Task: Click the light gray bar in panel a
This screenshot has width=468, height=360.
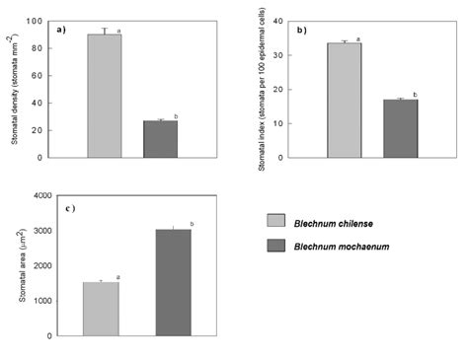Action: pos(104,96)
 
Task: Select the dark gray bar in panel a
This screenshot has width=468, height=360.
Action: pos(160,139)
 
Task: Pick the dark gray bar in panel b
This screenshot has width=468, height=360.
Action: pos(400,128)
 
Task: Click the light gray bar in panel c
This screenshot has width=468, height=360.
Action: pos(101,309)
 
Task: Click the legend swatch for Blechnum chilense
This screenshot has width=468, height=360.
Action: pos(277,222)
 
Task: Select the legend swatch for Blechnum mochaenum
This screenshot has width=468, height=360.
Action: pos(277,246)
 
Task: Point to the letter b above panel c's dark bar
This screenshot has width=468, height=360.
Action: pos(192,224)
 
